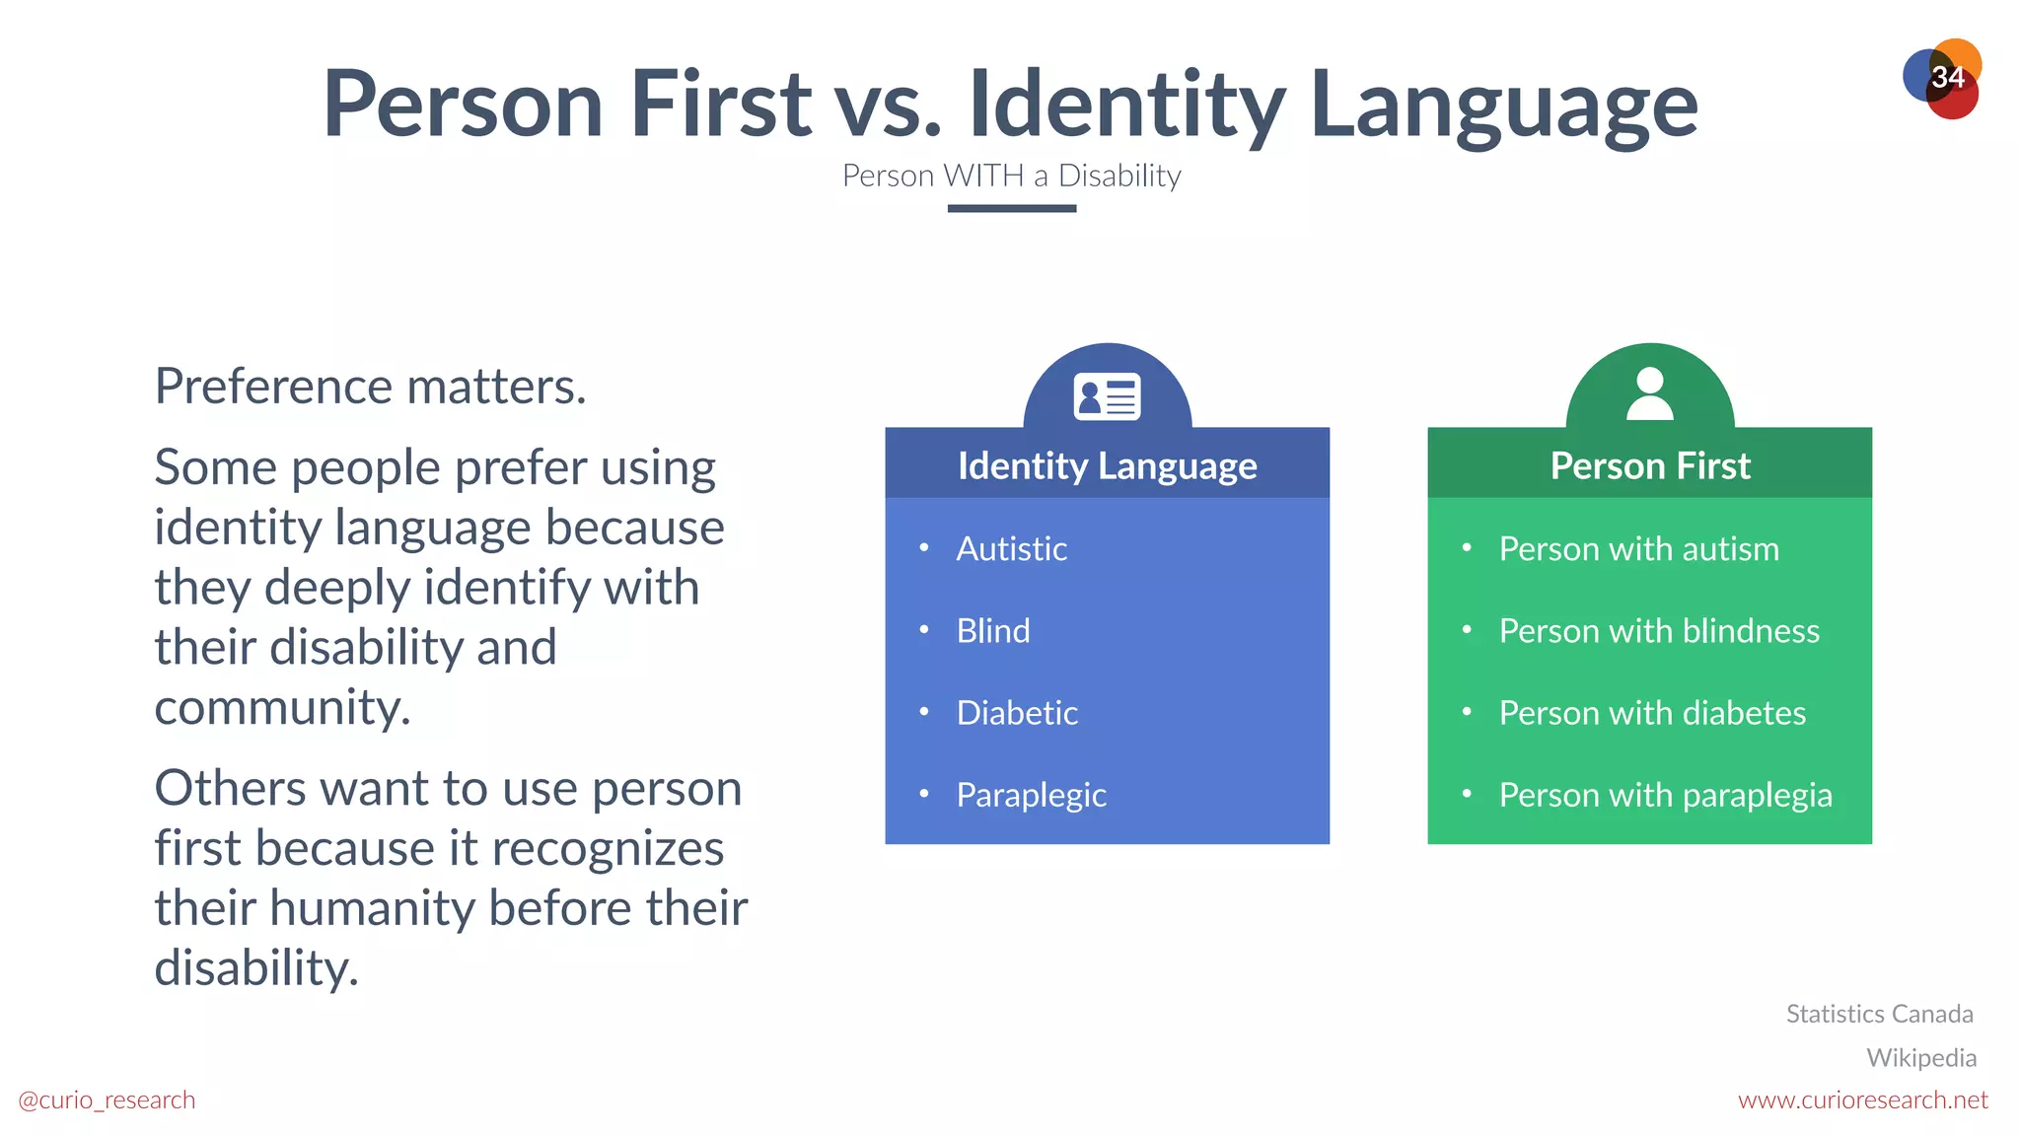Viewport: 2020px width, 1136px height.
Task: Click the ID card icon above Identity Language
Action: coord(1107,396)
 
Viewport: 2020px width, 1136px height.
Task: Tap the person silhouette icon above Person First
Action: coord(1649,393)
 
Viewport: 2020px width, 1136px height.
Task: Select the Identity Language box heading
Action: coord(1107,465)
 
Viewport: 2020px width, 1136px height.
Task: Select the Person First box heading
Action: coord(1649,465)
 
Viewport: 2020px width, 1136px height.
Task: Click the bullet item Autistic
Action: coord(1011,548)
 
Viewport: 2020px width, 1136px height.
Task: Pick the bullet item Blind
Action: coord(992,630)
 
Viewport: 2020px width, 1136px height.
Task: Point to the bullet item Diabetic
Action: coord(1017,712)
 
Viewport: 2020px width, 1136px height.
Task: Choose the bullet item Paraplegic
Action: coord(1031,795)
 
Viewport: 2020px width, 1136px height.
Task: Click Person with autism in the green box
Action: coord(1638,548)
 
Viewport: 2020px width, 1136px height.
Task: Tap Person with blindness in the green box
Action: coord(1659,630)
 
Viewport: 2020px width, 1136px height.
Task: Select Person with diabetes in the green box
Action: coord(1652,712)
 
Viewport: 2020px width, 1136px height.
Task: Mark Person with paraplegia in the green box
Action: coord(1665,795)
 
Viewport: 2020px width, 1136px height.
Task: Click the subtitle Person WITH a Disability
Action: coord(1011,176)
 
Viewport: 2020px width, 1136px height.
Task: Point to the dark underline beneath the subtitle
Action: coord(1011,208)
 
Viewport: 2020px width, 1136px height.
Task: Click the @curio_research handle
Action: coord(107,1100)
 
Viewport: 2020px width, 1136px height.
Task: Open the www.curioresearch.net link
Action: coord(1862,1100)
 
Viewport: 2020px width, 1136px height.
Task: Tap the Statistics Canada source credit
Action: coord(1879,1014)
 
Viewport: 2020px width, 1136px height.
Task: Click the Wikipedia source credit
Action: coord(1920,1057)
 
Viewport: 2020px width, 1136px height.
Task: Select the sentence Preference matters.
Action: coord(370,386)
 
